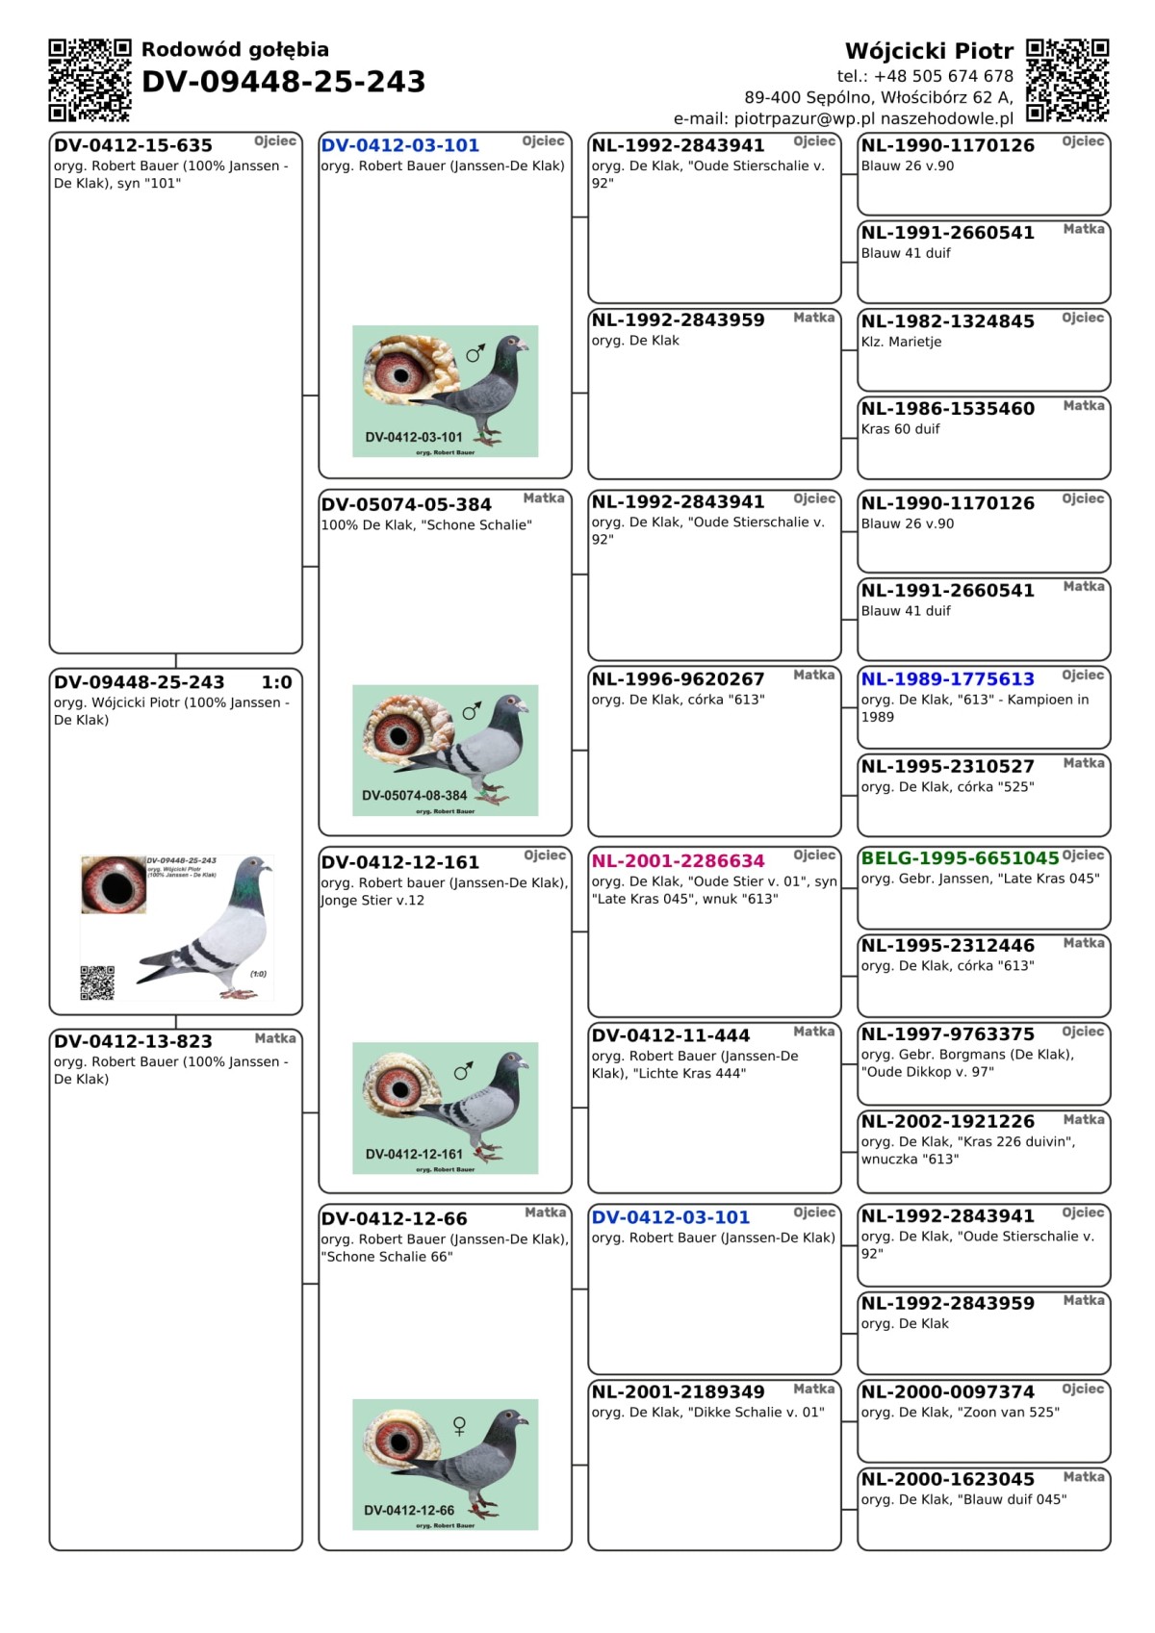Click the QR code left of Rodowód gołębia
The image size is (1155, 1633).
90,80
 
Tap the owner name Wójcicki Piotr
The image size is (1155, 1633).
929,51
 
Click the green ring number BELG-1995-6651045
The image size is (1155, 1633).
960,857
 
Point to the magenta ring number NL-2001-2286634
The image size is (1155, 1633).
678,861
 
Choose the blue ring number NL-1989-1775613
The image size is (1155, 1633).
947,679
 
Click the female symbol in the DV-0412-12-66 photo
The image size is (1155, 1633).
459,1426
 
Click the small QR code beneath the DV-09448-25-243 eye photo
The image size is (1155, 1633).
97,982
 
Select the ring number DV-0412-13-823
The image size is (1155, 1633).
133,1041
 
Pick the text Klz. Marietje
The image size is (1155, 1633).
901,342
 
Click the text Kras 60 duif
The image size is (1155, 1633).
900,429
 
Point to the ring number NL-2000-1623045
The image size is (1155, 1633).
947,1479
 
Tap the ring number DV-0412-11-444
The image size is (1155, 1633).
670,1035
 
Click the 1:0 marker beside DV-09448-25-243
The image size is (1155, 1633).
276,682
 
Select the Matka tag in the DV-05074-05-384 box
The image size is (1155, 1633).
544,498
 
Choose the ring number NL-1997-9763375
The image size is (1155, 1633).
947,1034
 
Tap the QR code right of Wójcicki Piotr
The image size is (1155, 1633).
1067,80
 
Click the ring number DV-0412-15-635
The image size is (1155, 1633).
133,145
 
